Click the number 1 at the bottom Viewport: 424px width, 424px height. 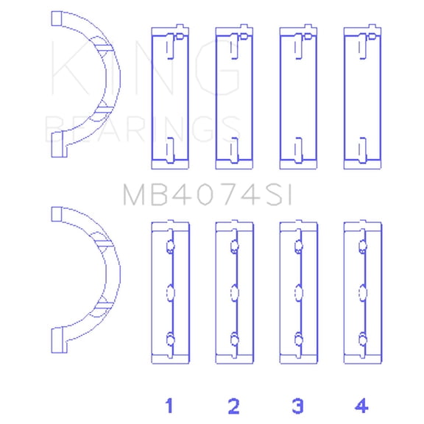click(169, 405)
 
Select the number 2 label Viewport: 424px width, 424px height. click(234, 405)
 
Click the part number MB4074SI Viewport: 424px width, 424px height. click(209, 194)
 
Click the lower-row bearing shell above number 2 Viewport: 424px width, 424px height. click(234, 292)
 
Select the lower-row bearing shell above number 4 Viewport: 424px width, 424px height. click(362, 292)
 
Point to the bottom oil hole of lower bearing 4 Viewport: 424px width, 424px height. click(363, 339)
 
